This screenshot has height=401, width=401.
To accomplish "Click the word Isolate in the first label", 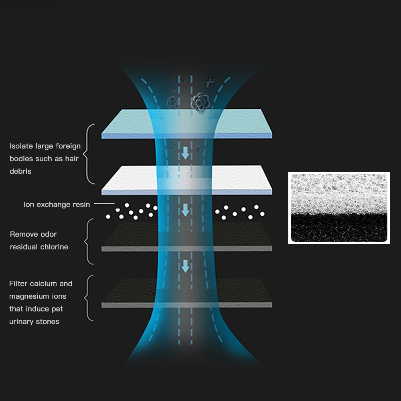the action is (x=20, y=146).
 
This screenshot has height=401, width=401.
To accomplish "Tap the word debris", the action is (x=20, y=171).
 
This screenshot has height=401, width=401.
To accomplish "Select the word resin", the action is (x=81, y=205).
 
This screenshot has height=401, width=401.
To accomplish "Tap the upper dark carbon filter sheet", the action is (x=128, y=237).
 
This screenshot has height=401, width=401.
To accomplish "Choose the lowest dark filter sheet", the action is (x=128, y=293).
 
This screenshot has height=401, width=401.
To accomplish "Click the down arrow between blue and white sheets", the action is (x=185, y=153).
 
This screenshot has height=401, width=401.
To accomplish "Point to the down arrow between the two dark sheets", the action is (x=185, y=265).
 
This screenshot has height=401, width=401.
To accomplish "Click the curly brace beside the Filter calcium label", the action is (x=89, y=298).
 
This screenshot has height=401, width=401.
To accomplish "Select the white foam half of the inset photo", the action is (x=339, y=192).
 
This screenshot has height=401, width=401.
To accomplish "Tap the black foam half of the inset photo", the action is (x=339, y=229).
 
